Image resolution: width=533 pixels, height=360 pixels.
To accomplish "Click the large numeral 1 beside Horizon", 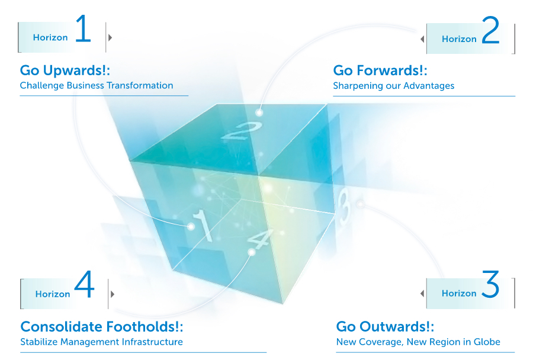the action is [x=84, y=28].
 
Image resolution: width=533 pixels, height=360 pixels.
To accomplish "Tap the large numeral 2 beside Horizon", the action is [x=490, y=30].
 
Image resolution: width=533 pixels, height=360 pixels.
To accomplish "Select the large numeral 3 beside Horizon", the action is [x=490, y=284].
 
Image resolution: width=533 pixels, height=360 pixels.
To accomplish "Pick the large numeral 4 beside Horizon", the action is [x=84, y=284].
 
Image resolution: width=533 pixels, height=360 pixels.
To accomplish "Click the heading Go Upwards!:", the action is [x=65, y=70].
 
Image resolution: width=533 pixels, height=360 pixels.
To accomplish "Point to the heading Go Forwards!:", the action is [x=380, y=70].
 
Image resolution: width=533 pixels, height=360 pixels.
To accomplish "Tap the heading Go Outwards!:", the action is [x=385, y=327].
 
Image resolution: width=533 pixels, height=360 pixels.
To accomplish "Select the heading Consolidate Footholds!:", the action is [x=102, y=327].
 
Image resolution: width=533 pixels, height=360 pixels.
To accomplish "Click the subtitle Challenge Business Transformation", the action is [x=97, y=85].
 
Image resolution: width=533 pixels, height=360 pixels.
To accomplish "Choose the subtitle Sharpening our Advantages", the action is [x=394, y=86].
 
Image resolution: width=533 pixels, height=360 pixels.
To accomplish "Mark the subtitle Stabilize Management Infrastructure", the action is [x=102, y=342].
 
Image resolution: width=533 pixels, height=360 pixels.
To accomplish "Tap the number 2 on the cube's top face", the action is [x=242, y=131].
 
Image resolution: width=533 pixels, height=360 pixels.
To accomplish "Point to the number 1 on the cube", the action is [x=203, y=226].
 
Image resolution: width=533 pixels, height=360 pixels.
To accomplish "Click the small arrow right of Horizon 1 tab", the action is [x=110, y=37].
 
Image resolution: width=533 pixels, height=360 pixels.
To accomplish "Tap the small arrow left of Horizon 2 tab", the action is [x=422, y=39].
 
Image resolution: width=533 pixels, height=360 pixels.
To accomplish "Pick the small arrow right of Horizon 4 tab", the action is [x=113, y=294].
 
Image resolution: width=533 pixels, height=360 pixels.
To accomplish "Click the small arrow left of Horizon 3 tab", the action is [x=422, y=293].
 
